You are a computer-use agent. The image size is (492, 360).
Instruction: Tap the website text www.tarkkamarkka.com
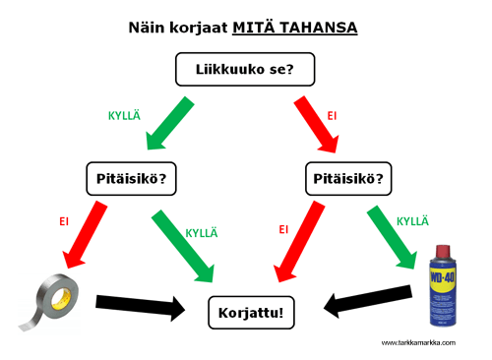click(417, 343)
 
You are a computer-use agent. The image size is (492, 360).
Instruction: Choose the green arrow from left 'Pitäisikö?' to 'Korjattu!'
click(193, 240)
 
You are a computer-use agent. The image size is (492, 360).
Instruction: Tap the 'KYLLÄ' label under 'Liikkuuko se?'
click(125, 116)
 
